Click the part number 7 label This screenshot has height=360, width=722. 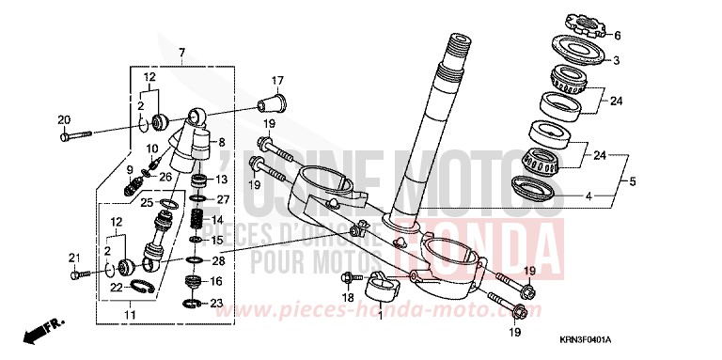pyautogui.click(x=181, y=50)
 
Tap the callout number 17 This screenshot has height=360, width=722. pyautogui.click(x=277, y=79)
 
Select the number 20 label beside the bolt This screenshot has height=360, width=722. pyautogui.click(x=64, y=119)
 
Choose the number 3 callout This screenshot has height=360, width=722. pyautogui.click(x=616, y=61)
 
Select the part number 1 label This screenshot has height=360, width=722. pyautogui.click(x=380, y=316)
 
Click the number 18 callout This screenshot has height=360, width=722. pyautogui.click(x=348, y=297)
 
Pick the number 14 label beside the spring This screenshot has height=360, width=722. pyautogui.click(x=218, y=219)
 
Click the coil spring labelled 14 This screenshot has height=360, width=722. pyautogui.click(x=198, y=223)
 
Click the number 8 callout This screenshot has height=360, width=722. pyautogui.click(x=222, y=142)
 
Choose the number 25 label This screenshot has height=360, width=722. pyautogui.click(x=147, y=202)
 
